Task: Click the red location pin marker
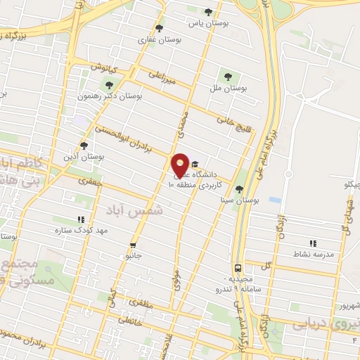point(181,165)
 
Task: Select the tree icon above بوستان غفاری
point(159,29)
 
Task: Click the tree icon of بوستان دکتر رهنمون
point(108,84)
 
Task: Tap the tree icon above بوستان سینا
point(239,189)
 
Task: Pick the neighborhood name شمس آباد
point(134,210)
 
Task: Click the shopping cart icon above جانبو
point(133,245)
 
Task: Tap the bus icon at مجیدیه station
point(238,268)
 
